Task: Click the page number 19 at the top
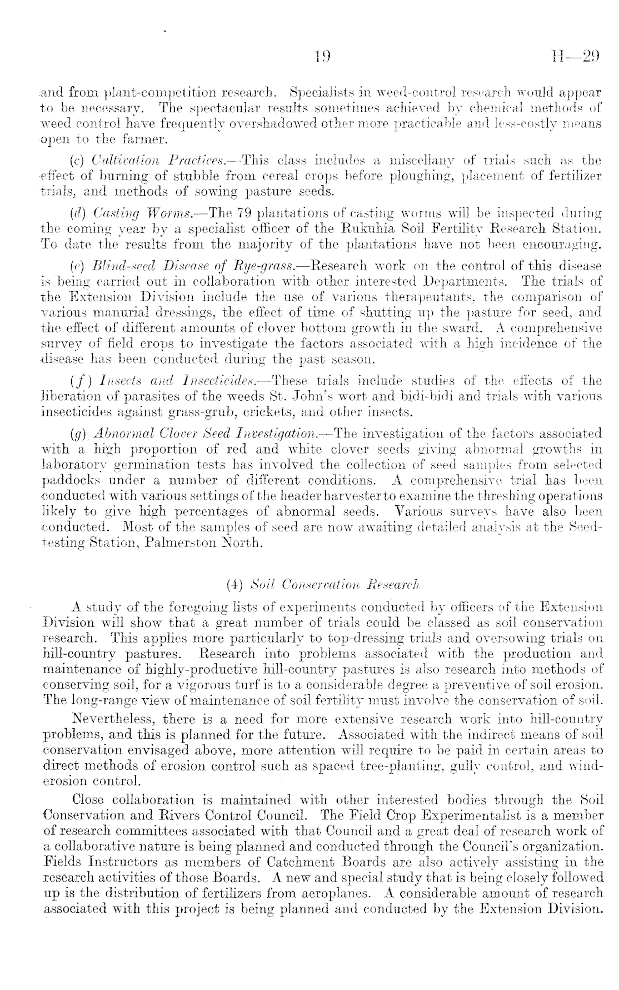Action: pos(322,56)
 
